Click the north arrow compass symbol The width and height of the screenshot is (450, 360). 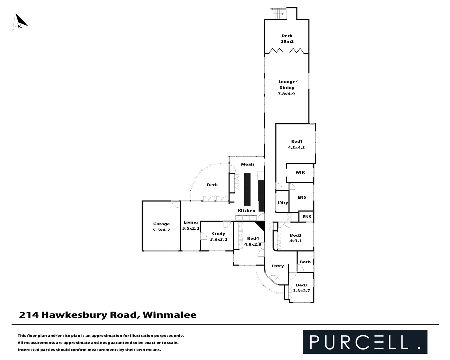coord(20,22)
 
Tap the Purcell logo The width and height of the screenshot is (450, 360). coord(365,342)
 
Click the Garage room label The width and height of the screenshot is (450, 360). coord(161,224)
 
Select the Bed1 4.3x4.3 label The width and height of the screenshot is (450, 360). coord(296,144)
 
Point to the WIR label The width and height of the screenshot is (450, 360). coord(300,172)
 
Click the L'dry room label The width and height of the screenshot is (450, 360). coord(283,203)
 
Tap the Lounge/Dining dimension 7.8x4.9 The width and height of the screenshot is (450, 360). coord(286,94)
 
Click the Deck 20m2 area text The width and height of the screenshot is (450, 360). coord(287,41)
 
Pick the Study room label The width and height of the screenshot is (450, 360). coord(218,234)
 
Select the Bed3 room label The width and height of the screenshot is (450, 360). coord(302,285)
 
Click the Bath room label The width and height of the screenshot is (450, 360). coord(305,262)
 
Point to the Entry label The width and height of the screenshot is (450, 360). coord(277,266)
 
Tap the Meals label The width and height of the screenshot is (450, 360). coord(248,164)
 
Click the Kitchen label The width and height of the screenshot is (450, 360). coord(247,211)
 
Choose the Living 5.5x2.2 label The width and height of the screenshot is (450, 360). coord(191,225)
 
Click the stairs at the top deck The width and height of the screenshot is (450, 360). coord(278,14)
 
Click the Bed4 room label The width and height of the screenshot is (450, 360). coord(253,238)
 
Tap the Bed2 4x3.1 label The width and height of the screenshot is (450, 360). coord(296,238)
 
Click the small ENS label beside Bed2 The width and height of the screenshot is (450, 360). coord(307,217)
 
